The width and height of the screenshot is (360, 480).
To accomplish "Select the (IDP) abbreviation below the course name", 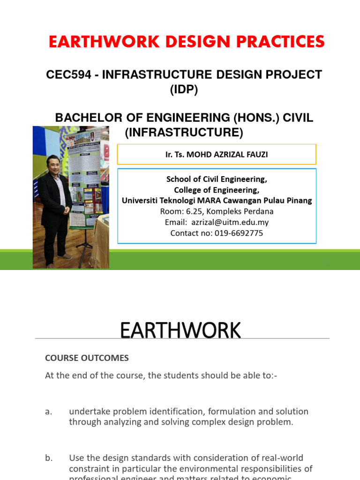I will pyautogui.click(x=184, y=90).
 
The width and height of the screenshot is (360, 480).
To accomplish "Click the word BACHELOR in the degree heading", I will pyautogui.click(x=85, y=118).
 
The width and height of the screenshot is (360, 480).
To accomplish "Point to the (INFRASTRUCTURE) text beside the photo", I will pyautogui.click(x=184, y=133).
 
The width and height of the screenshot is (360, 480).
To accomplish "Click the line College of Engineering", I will pyautogui.click(x=217, y=190).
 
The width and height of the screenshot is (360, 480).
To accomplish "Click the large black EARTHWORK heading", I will pyautogui.click(x=180, y=330).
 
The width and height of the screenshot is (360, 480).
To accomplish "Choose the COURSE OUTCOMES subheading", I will pyautogui.click(x=87, y=358).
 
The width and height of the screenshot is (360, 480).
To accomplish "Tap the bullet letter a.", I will pyautogui.click(x=48, y=412).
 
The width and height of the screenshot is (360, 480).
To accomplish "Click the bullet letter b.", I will pyautogui.click(x=49, y=458).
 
